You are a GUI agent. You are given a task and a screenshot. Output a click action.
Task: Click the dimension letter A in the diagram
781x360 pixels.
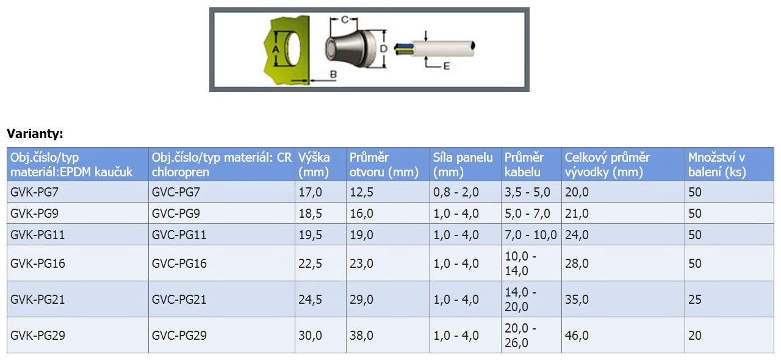point(276,49)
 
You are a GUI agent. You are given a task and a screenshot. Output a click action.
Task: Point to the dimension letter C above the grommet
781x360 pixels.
point(345,20)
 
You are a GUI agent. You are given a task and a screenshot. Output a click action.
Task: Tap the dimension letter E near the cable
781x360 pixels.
point(446,66)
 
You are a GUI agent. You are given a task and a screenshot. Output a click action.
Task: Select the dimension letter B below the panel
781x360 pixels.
point(333,74)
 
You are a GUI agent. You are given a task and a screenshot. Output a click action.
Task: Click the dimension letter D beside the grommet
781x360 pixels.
point(383,49)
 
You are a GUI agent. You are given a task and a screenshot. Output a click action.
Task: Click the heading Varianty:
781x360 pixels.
point(35,134)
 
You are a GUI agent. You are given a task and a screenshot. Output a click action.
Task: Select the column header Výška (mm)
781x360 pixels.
point(314,165)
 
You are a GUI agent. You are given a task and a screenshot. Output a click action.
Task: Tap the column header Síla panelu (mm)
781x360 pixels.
point(462,165)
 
